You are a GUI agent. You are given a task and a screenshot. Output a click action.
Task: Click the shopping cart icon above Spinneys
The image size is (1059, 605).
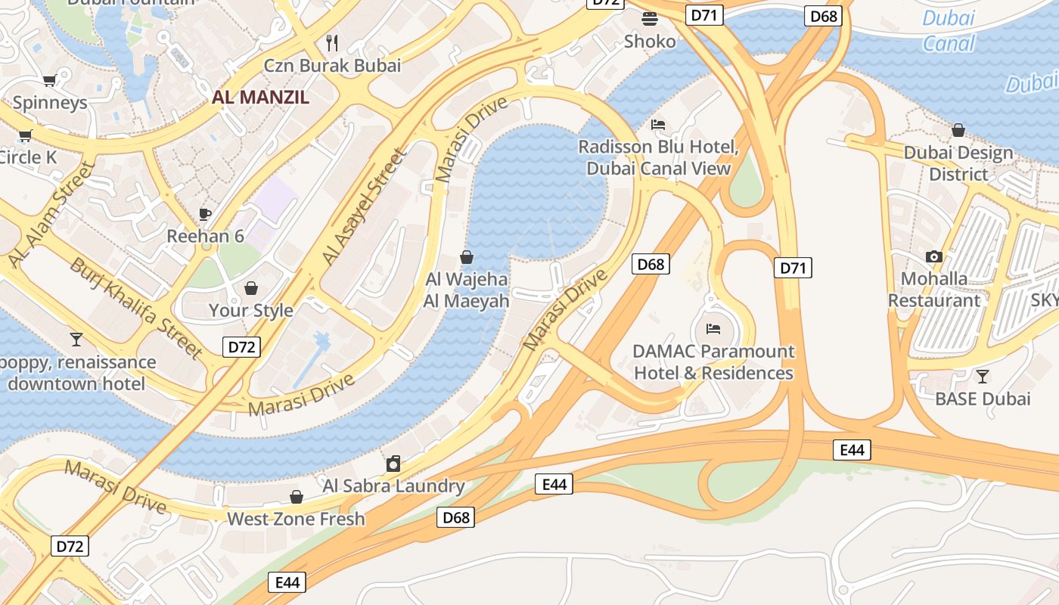click(x=49, y=80)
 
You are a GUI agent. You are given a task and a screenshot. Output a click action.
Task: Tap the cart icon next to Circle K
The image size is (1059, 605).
click(x=25, y=136)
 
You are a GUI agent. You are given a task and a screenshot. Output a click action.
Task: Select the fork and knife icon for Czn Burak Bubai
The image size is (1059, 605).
click(x=331, y=42)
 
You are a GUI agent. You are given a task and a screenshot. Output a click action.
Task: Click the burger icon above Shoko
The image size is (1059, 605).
click(x=649, y=18)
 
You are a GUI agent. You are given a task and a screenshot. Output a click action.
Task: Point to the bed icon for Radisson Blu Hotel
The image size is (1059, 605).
click(x=658, y=125)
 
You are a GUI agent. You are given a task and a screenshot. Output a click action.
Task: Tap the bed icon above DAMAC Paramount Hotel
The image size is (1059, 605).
click(x=713, y=329)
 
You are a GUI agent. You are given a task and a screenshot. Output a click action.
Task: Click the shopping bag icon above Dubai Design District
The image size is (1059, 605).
click(x=958, y=130)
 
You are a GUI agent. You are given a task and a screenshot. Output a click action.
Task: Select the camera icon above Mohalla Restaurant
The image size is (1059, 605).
click(x=934, y=256)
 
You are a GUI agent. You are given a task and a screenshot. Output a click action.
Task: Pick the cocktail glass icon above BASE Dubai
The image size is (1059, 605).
click(x=982, y=376)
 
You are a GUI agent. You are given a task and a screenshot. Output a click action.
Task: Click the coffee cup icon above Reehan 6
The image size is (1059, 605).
click(x=205, y=214)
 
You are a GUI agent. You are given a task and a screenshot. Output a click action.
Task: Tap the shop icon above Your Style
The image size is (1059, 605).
click(x=251, y=288)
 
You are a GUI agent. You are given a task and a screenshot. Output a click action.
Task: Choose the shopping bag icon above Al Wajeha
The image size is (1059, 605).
click(x=467, y=257)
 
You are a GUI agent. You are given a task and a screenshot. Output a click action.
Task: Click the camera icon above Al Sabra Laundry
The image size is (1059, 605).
click(x=393, y=464)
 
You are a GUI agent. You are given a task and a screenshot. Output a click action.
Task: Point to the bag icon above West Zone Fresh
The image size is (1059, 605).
click(x=297, y=497)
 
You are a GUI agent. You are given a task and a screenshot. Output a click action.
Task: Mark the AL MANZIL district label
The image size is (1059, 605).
click(x=260, y=97)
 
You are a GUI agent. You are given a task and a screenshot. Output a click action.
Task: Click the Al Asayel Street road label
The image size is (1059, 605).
click(x=365, y=206)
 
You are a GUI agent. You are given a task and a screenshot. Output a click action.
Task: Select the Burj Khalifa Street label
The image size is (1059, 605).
click(x=136, y=308)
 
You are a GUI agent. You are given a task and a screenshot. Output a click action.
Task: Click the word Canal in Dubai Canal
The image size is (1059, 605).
click(x=949, y=43)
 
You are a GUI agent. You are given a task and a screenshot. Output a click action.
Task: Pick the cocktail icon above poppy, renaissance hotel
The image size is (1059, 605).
click(x=76, y=339)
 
